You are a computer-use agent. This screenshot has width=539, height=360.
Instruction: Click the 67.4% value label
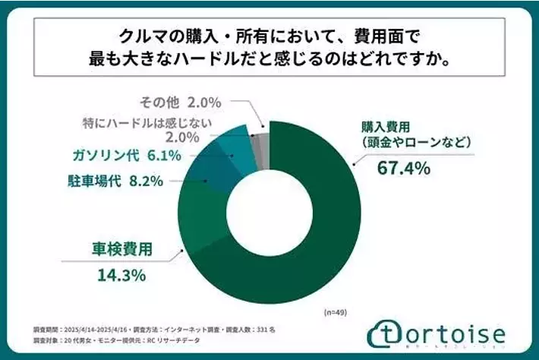coord(403,168)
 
